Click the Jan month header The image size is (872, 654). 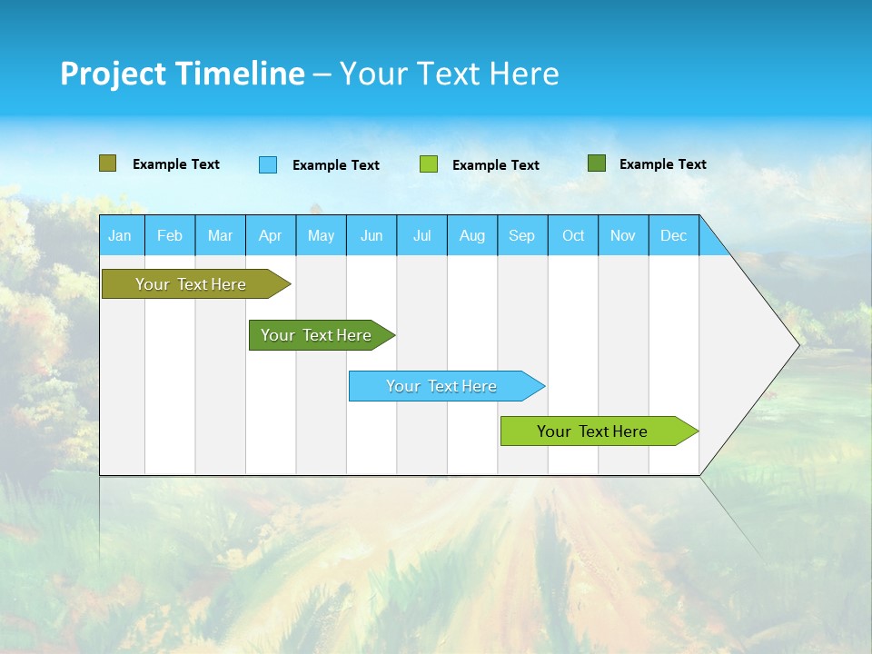(120, 235)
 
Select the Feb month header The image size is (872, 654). (170, 235)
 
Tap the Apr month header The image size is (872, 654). (270, 235)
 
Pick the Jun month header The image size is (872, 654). (372, 235)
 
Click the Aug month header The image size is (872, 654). (471, 235)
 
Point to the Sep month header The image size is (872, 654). (521, 235)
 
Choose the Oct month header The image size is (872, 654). (573, 235)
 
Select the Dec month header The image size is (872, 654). (673, 235)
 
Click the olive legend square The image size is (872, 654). (107, 163)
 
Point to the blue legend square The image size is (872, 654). (268, 164)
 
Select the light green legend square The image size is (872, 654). (429, 164)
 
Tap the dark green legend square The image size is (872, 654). (597, 163)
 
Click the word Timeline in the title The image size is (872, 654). (239, 74)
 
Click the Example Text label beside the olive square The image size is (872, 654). (175, 164)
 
